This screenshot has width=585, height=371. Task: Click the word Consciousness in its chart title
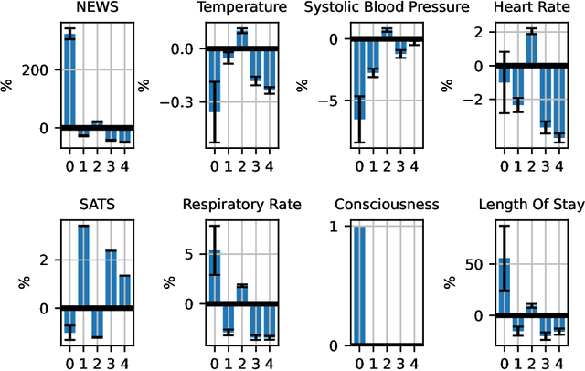tap(387, 204)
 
